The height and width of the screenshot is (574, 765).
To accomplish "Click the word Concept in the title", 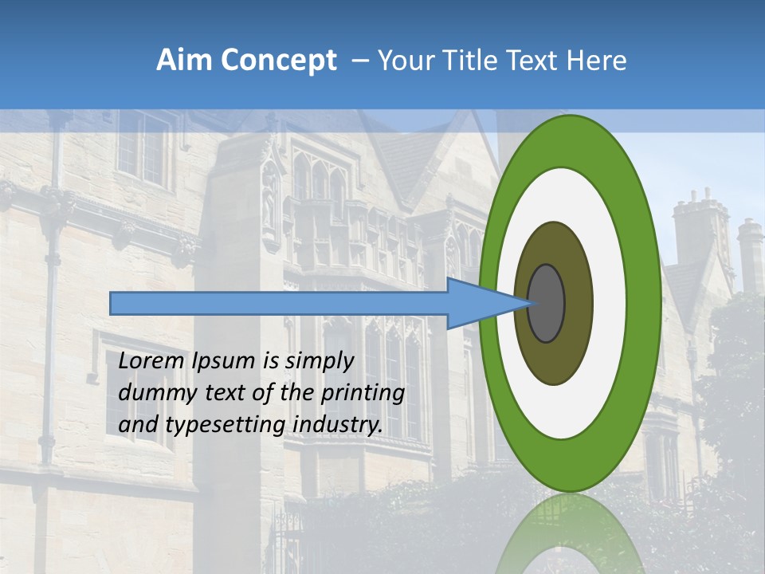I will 277,61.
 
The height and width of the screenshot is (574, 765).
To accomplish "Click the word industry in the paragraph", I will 338,425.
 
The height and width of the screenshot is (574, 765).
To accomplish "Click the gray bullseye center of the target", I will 547,303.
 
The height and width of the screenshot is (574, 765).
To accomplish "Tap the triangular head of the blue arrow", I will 478,303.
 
